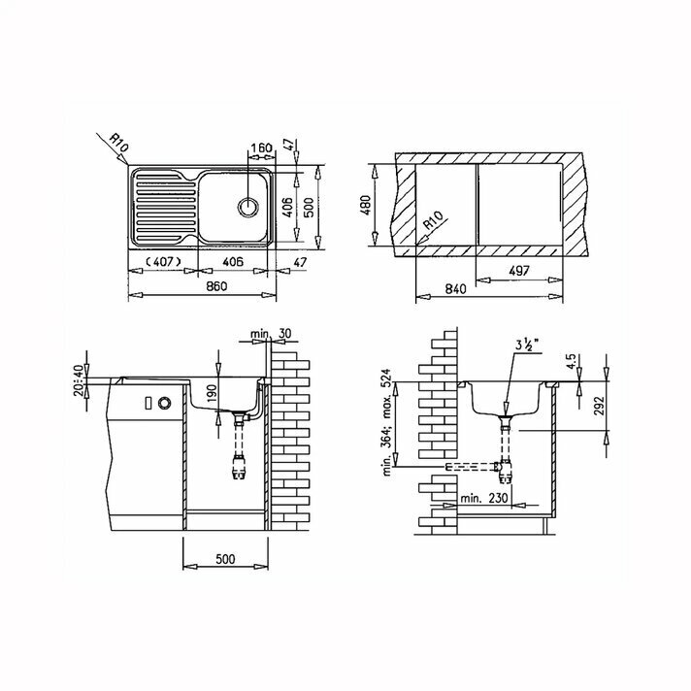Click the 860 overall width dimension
(216, 286)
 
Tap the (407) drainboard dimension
(163, 262)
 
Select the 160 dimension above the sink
(261, 148)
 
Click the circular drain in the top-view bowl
(248, 207)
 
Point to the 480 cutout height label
(366, 205)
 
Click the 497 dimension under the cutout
(518, 271)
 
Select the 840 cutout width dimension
(455, 289)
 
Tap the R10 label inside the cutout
(433, 220)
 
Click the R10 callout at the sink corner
(119, 144)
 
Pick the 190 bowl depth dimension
(212, 393)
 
